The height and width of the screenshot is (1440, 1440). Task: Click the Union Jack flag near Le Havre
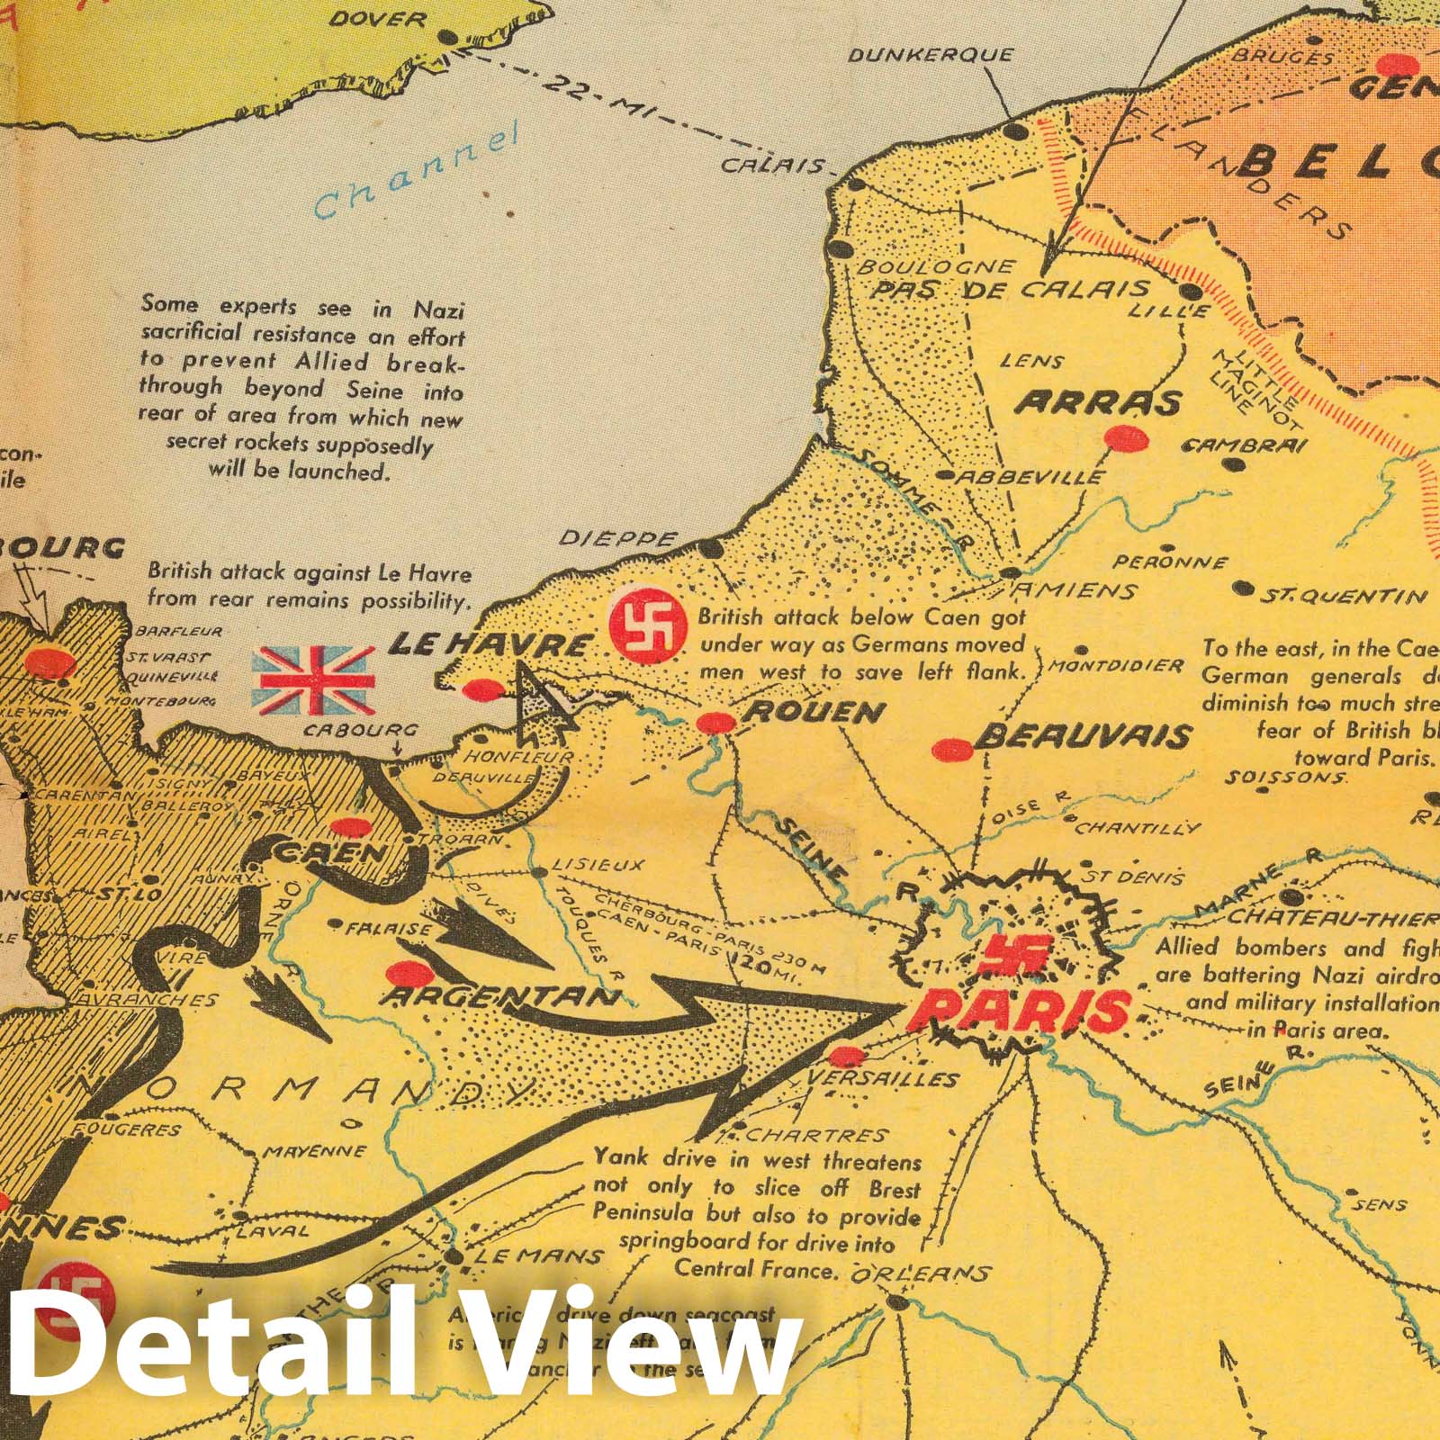click(x=313, y=679)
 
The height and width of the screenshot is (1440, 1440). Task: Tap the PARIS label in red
click(x=1018, y=1011)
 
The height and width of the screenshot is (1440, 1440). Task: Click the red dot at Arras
click(x=1126, y=439)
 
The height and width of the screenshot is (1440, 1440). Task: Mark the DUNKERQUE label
click(x=931, y=56)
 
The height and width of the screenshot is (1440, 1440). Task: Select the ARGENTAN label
click(x=500, y=996)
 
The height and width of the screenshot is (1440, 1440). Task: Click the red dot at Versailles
click(x=845, y=1057)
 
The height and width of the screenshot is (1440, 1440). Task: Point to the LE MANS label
click(x=538, y=1255)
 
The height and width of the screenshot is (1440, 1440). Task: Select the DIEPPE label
click(x=617, y=539)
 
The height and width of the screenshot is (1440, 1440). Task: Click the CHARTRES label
click(x=817, y=1136)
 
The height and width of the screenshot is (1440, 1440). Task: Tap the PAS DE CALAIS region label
click(x=1011, y=290)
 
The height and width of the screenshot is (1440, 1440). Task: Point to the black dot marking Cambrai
click(x=1236, y=465)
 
